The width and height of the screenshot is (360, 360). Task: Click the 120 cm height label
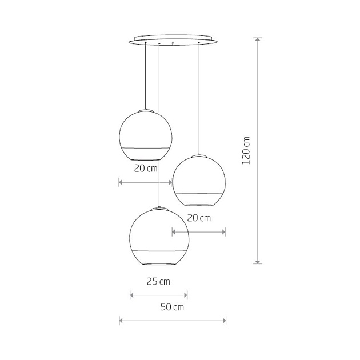(246, 150)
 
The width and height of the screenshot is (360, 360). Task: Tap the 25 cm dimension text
(158, 281)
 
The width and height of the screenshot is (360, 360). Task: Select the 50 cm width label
(172, 307)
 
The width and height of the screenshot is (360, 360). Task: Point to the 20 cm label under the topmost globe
(146, 169)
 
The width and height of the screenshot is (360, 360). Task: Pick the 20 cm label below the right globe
(199, 218)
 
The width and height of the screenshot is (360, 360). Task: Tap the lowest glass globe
(158, 237)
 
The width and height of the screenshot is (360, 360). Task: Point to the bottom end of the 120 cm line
(258, 263)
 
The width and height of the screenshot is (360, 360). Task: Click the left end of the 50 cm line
(119, 321)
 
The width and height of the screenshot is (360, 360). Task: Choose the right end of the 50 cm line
(226, 321)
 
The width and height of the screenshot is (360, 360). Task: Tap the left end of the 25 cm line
(131, 295)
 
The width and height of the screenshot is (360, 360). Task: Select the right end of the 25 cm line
(187, 295)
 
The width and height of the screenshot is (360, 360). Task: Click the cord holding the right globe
(198, 97)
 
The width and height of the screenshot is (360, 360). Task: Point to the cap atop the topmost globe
(146, 109)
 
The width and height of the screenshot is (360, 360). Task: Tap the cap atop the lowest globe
(159, 207)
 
